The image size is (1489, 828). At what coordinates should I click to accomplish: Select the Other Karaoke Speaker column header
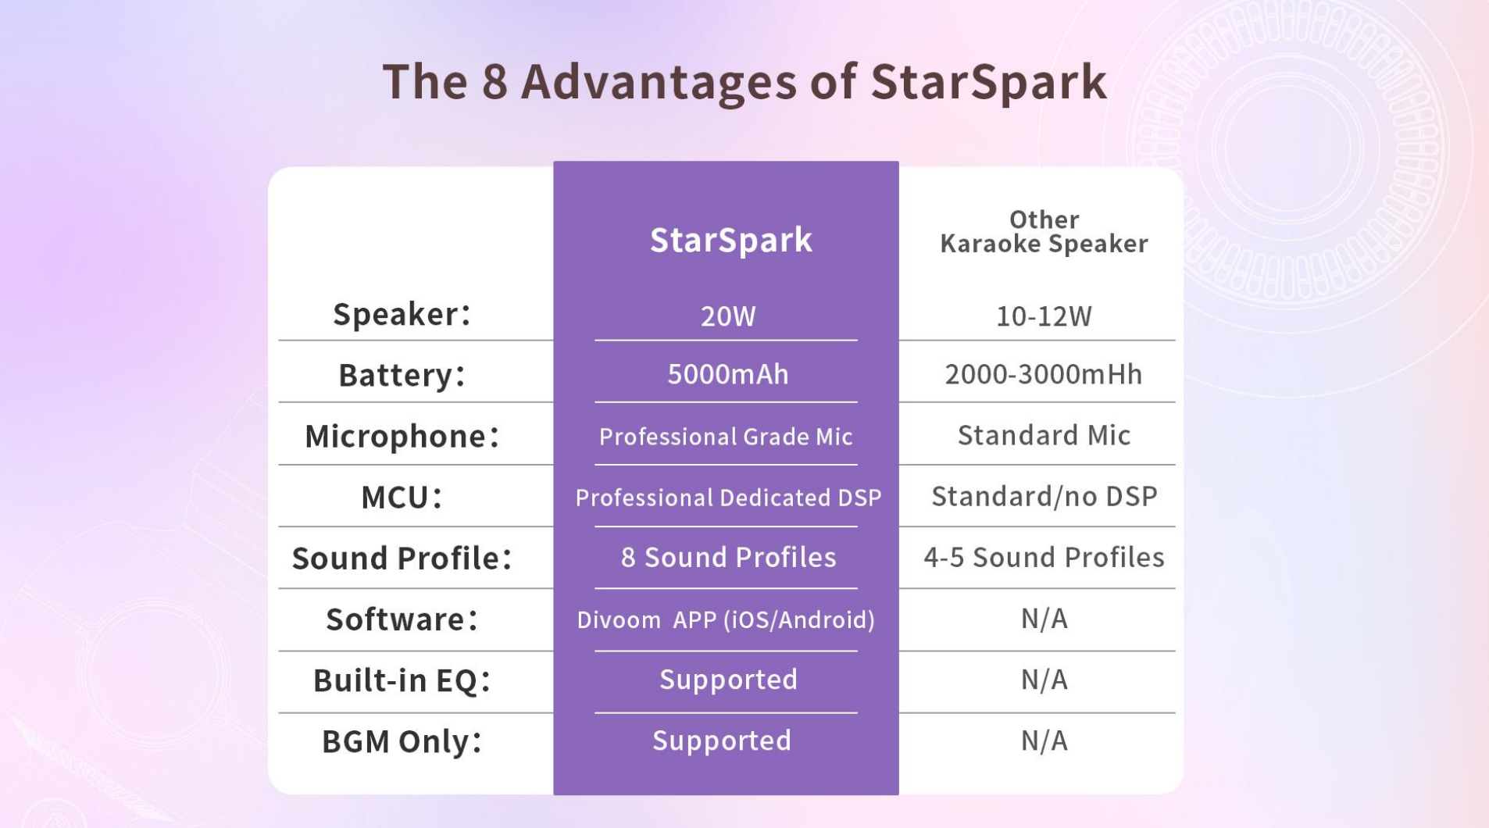tap(1044, 232)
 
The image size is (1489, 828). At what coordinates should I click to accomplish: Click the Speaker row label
tap(402, 314)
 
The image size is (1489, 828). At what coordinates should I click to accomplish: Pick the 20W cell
tap(728, 316)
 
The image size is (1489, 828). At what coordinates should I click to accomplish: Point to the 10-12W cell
tap(1044, 316)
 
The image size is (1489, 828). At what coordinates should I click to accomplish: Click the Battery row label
tap(402, 375)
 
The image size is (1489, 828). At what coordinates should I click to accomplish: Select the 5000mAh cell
tap(728, 375)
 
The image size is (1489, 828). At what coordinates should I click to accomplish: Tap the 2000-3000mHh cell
tap(1044, 375)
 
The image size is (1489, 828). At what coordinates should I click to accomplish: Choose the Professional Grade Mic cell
tap(726, 437)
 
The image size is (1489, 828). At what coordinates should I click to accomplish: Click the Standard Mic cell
tap(1044, 435)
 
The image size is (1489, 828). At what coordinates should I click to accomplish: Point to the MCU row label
tap(402, 498)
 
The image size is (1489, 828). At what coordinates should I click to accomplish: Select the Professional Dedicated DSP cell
tap(728, 498)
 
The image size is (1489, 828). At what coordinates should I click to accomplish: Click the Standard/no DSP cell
tap(1044, 497)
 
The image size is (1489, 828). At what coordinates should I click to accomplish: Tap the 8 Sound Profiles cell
tap(728, 558)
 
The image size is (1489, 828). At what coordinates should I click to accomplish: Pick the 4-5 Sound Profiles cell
tap(1044, 558)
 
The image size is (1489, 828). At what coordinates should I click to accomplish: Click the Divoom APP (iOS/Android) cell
tap(726, 620)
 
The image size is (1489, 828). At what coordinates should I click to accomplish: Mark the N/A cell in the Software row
tap(1044, 619)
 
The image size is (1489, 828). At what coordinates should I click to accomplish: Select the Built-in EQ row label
tap(402, 680)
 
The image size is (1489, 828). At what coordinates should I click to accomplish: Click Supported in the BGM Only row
tap(722, 741)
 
